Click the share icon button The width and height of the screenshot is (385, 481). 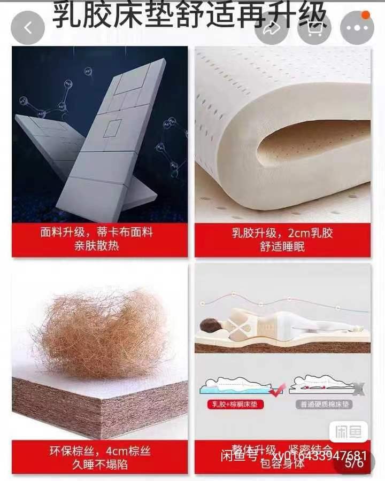pyautogui.click(x=272, y=28)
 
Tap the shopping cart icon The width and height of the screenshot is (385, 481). pyautogui.click(x=314, y=28)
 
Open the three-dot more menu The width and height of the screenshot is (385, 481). pyautogui.click(x=357, y=28)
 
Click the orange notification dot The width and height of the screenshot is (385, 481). pyautogui.click(x=366, y=15)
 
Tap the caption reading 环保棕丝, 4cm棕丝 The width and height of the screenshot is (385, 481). pyautogui.click(x=100, y=451)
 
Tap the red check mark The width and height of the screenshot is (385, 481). pyautogui.click(x=276, y=391)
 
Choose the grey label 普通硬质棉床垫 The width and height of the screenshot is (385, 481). pyautogui.click(x=320, y=405)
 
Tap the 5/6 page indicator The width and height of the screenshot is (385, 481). pyautogui.click(x=354, y=463)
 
